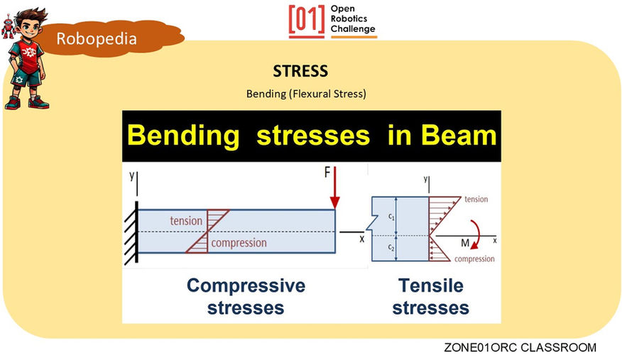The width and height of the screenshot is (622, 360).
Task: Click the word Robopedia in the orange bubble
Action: [x=97, y=38]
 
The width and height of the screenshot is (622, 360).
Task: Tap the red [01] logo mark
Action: [x=307, y=21]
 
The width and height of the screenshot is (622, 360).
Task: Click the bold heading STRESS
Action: [x=300, y=72]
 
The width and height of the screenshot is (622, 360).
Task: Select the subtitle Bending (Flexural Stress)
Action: [x=306, y=94]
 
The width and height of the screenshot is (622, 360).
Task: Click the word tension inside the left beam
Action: [x=186, y=221]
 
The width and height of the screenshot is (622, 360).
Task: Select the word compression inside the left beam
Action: [x=239, y=243]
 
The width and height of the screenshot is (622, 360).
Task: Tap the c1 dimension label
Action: [x=391, y=215]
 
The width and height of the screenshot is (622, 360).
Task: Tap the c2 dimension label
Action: [x=391, y=247]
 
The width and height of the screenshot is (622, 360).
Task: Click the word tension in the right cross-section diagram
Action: [x=475, y=200]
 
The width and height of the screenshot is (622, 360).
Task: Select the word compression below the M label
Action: [x=474, y=259]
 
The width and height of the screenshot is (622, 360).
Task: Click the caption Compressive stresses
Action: [x=246, y=296]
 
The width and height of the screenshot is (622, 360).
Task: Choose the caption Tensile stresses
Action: [x=430, y=296]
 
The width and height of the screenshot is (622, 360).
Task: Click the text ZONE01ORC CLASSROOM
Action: [x=520, y=348]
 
